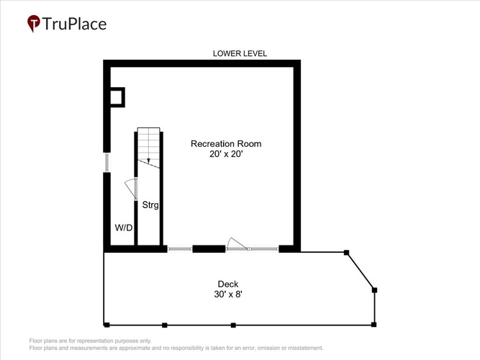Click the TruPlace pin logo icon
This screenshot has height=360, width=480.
click(x=34, y=23)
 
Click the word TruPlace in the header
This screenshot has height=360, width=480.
click(x=74, y=24)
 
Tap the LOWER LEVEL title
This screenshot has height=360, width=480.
click(x=240, y=53)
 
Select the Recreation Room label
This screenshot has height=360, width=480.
click(x=226, y=144)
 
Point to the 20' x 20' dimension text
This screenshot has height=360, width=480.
click(x=226, y=154)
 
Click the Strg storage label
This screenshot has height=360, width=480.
click(x=150, y=204)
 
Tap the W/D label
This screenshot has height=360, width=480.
click(x=124, y=228)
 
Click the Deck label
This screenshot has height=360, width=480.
click(x=227, y=284)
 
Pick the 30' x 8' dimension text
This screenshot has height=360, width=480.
click(x=228, y=294)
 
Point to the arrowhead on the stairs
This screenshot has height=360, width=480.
click(x=148, y=161)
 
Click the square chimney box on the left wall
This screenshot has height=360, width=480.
click(x=117, y=97)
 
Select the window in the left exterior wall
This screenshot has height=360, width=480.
click(x=107, y=162)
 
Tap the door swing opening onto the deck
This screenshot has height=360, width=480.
click(x=237, y=243)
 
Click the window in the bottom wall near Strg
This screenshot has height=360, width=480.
click(x=180, y=249)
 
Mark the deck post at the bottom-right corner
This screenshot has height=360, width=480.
click(x=373, y=325)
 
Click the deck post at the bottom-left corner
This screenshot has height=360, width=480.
click(x=107, y=325)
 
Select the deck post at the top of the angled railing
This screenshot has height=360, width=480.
click(x=347, y=253)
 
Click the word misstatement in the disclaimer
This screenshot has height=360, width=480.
click(x=306, y=348)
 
